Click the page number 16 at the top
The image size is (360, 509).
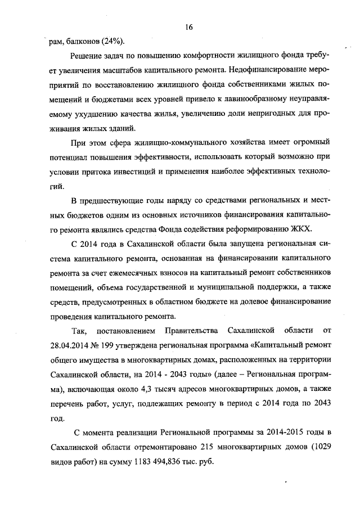pos(188,26)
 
